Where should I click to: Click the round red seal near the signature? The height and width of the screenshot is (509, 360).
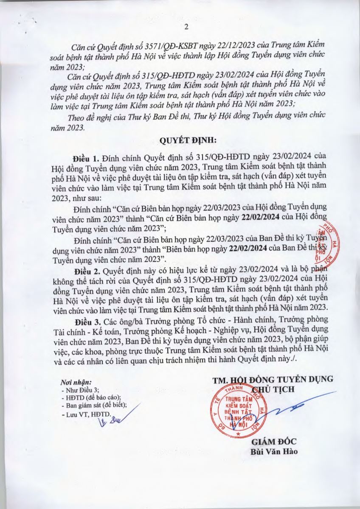click(x=239, y=411)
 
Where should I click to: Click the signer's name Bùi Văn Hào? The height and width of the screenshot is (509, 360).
click(x=273, y=452)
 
